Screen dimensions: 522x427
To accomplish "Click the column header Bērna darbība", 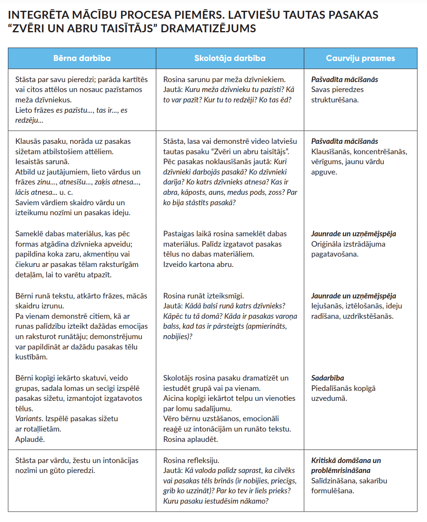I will [82, 58].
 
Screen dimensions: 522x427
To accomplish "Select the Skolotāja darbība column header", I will [230, 58].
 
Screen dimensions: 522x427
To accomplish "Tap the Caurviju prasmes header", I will [360, 58].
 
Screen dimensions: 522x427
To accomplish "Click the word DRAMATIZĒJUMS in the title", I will [208, 29].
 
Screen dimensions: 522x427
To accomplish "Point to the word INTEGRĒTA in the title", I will [38, 15].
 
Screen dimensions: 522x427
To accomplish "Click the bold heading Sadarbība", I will [327, 378].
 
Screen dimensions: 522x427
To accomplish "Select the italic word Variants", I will [29, 418].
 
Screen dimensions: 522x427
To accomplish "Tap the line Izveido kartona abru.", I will [198, 264].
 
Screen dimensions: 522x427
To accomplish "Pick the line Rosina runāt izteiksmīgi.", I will [203, 296].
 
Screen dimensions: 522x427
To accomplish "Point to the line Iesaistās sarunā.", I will [42, 161].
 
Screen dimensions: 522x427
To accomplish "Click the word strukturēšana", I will [335, 100].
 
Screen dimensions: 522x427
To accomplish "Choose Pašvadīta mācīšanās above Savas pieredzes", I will [344, 79].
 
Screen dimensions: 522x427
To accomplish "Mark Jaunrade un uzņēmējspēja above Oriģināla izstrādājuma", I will [353, 234].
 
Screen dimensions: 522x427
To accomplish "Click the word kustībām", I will [31, 357].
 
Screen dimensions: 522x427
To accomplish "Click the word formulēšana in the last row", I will [332, 491].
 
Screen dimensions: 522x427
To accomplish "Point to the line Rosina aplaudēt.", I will [190, 439].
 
